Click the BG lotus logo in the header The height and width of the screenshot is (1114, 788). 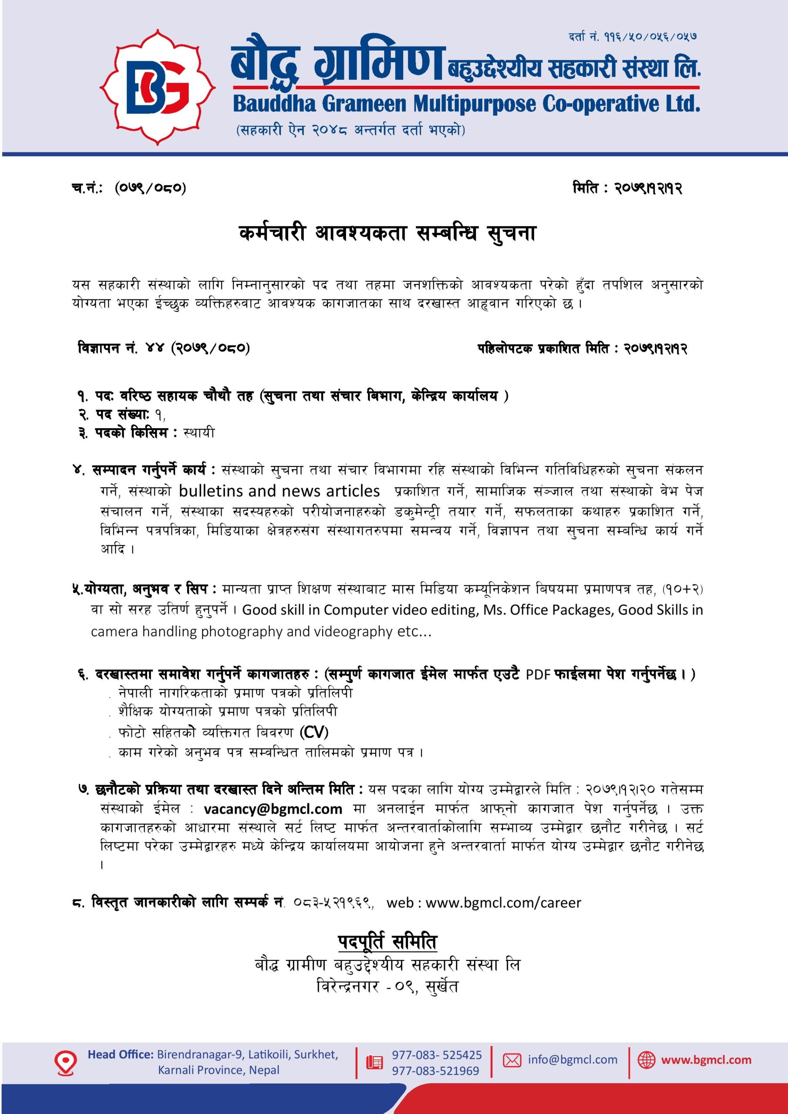(x=157, y=87)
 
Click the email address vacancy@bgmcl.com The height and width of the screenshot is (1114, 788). (x=273, y=809)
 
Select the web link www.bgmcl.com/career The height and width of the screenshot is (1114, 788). (x=503, y=903)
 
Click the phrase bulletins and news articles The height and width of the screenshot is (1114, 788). (x=279, y=491)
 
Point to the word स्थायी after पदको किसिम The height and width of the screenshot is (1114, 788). (x=199, y=433)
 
